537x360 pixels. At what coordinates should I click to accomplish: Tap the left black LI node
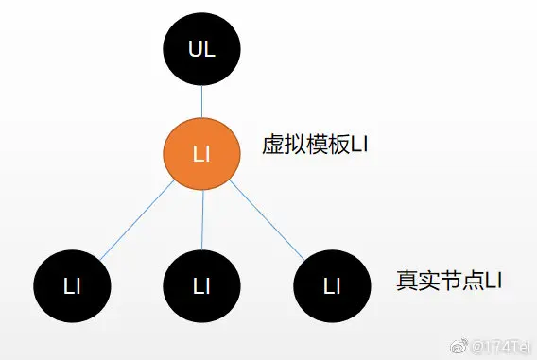[x=71, y=285]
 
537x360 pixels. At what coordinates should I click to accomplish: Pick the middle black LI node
[x=201, y=285]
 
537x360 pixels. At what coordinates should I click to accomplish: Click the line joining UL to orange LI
[x=202, y=102]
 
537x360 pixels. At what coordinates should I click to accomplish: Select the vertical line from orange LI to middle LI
[x=201, y=219]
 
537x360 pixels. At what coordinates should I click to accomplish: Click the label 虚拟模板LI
[x=314, y=147]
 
